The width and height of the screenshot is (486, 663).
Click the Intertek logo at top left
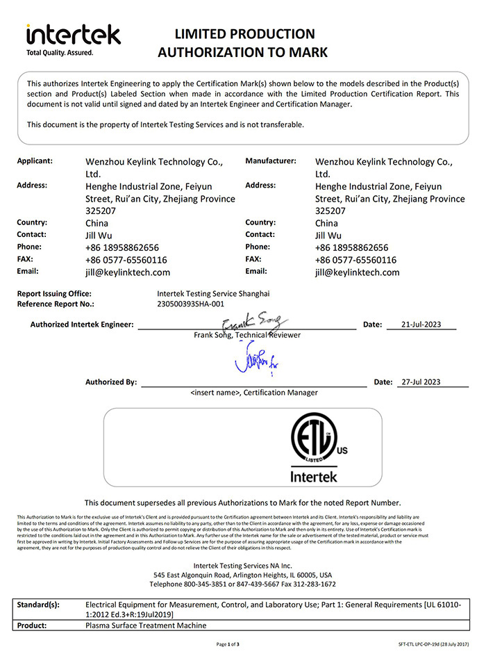click(73, 34)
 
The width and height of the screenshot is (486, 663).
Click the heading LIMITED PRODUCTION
click(244, 33)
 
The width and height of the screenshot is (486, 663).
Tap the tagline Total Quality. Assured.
click(59, 52)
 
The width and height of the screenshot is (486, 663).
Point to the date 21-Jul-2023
click(421, 325)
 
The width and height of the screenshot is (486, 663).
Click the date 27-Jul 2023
click(421, 382)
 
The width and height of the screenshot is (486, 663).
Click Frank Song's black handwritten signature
click(251, 322)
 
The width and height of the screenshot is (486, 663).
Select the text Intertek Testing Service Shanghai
click(213, 293)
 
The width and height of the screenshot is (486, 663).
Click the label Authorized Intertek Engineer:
click(82, 325)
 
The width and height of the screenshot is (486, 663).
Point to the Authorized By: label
click(111, 382)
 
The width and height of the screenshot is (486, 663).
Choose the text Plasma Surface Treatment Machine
click(145, 625)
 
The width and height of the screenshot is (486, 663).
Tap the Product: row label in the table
click(32, 625)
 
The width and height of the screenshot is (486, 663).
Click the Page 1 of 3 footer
click(228, 645)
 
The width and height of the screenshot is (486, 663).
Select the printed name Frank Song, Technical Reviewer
click(247, 335)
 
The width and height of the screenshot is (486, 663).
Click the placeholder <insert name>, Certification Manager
click(253, 393)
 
